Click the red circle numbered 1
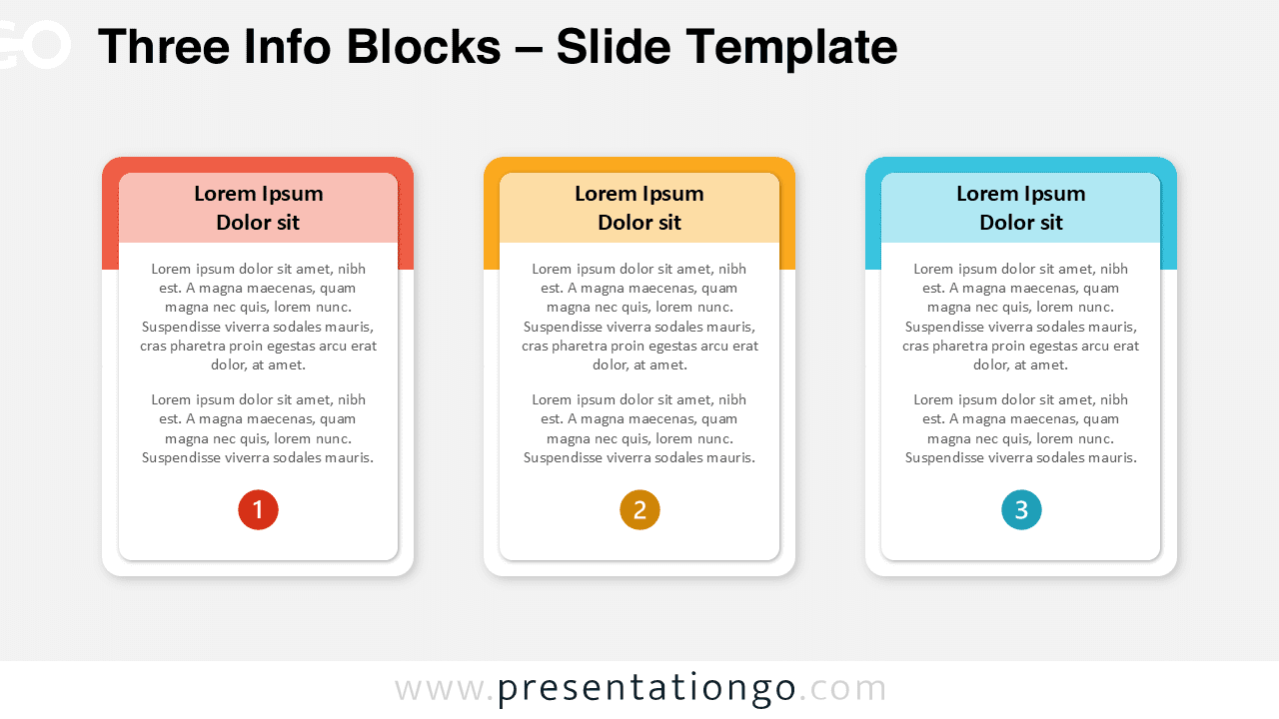click(x=258, y=510)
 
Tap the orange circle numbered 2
click(x=639, y=510)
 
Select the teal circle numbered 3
click(x=1021, y=510)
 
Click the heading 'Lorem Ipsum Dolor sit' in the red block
click(x=258, y=208)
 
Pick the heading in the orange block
click(x=639, y=208)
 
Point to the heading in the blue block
click(x=1021, y=208)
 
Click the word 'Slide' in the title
click(x=605, y=47)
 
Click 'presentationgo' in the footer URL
click(x=646, y=689)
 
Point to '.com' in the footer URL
click(x=843, y=689)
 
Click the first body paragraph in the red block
click(x=258, y=317)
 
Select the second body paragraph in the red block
click(x=258, y=428)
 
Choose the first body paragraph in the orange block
click(x=639, y=317)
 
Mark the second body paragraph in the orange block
click(x=639, y=428)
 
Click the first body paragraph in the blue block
click(x=1021, y=317)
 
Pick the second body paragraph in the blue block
click(x=1021, y=428)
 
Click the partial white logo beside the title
click(x=35, y=45)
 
